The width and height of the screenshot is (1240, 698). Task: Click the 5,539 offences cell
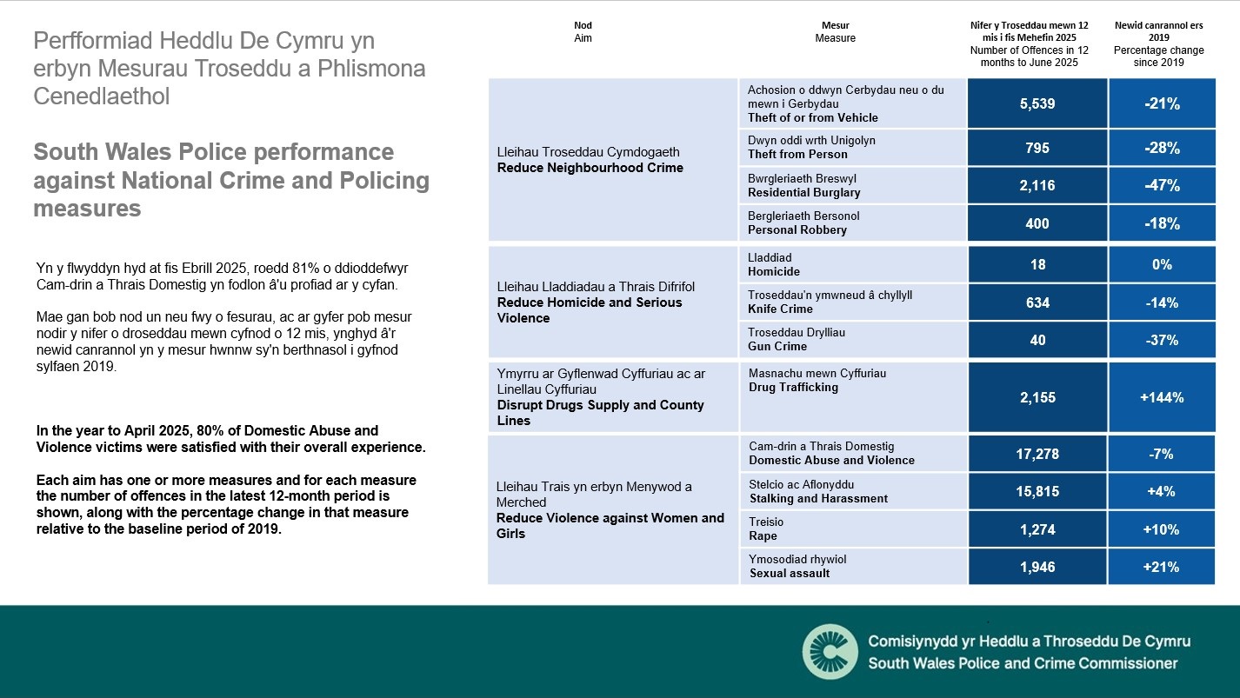[1037, 104]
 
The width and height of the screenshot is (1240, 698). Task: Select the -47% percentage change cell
[1162, 185]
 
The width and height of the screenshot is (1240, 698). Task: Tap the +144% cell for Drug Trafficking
[1162, 397]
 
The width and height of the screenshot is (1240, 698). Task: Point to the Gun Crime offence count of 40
[1037, 340]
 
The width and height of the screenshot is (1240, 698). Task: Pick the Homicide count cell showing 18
[1037, 264]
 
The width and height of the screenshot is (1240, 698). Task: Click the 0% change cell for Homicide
[1162, 264]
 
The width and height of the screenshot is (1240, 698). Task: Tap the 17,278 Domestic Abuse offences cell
[1037, 454]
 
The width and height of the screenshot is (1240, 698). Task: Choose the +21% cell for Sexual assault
[1162, 567]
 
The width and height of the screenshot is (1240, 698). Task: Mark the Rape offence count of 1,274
[1037, 529]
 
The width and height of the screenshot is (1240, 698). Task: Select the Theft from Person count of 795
[1037, 148]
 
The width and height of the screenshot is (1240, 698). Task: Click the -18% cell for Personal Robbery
[1162, 223]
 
